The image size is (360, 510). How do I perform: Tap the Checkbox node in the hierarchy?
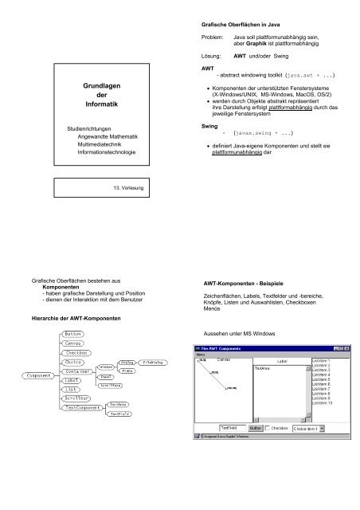click(x=76, y=352)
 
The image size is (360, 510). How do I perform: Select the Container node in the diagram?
click(x=77, y=371)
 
